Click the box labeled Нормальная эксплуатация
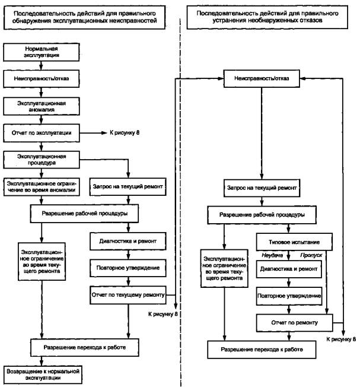tap(41, 52)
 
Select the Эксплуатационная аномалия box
tap(41, 106)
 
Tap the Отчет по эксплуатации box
tap(41, 133)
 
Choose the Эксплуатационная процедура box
tap(41, 160)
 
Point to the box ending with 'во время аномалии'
tap(42, 188)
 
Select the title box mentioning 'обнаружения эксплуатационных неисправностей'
tap(84, 16)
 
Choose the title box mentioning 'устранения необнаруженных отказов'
tap(266, 16)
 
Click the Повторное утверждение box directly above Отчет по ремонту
tap(289, 295)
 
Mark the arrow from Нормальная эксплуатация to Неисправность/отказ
tap(41, 66)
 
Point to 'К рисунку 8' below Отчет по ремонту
tap(342, 339)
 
